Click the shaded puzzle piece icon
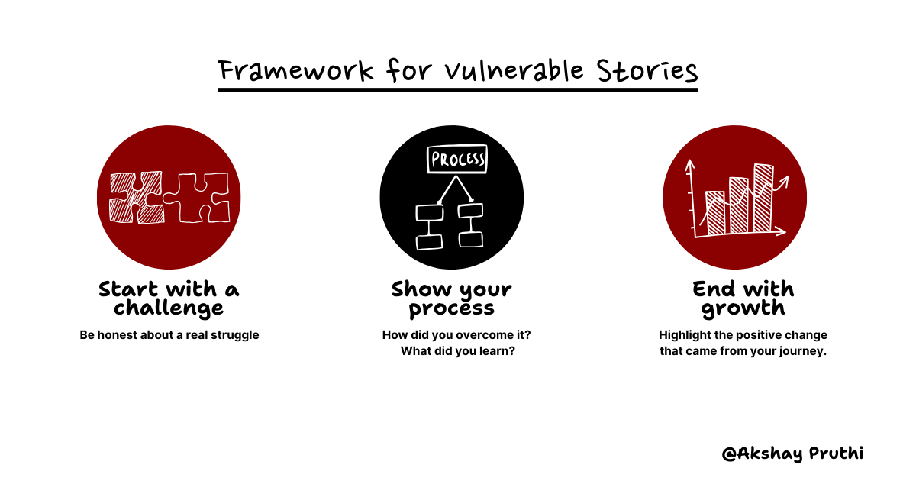[x=136, y=197]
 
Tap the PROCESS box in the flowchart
[x=457, y=160]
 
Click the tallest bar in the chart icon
[x=763, y=199]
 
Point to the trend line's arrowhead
[x=784, y=180]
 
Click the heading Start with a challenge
[x=169, y=299]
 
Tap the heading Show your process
[x=452, y=299]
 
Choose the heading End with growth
[x=743, y=299]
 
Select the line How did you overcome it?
[x=456, y=335]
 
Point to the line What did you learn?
[x=456, y=352]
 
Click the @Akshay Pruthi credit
[x=792, y=454]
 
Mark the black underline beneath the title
[x=457, y=89]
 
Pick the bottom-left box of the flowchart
[x=428, y=242]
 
